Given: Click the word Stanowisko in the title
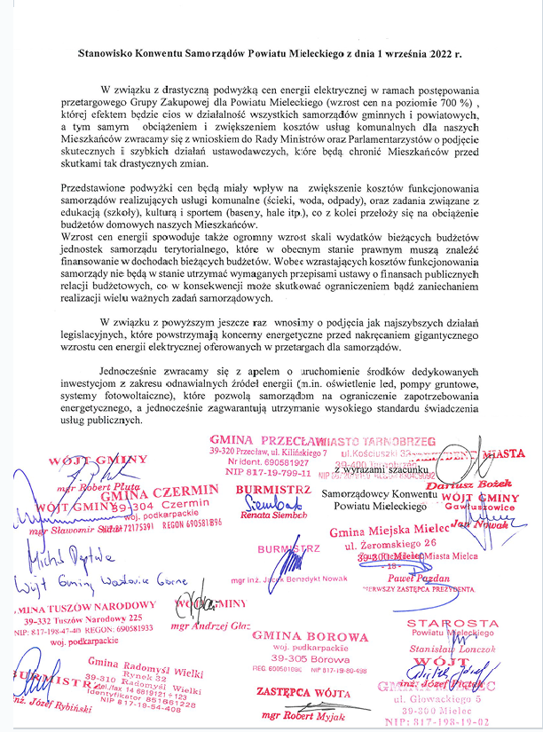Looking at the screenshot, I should [x=105, y=53].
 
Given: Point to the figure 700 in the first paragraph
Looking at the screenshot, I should [x=458, y=103].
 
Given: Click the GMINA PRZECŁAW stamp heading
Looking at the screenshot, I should [x=268, y=440].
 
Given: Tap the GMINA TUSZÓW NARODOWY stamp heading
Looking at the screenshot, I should [x=86, y=604].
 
